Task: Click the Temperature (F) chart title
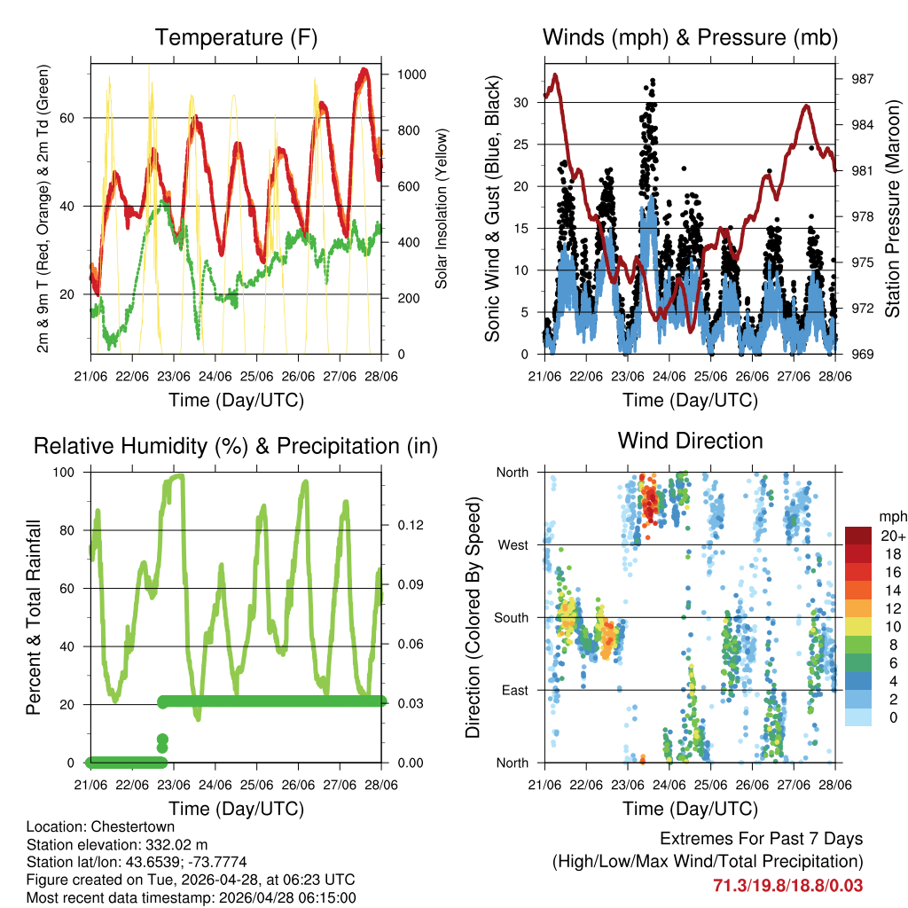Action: [236, 37]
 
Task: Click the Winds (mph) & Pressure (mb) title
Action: [690, 37]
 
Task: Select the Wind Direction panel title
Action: [690, 441]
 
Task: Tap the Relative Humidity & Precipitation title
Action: [236, 446]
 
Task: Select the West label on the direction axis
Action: [513, 544]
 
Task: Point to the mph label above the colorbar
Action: [892, 516]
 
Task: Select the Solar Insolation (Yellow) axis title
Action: [441, 207]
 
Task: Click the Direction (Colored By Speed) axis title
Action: [473, 617]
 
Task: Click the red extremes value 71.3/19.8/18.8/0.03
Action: [787, 885]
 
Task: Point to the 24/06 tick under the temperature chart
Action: [215, 376]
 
